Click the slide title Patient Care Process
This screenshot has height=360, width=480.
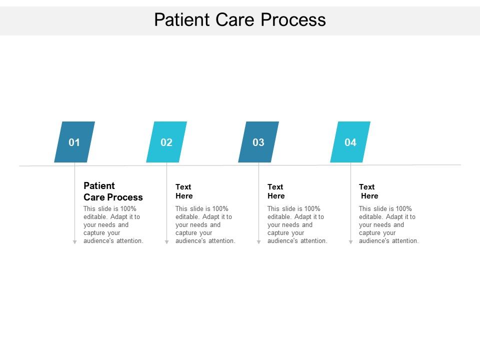240,19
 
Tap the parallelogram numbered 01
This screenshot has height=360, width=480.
74,142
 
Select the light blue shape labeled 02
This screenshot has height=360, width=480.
166,142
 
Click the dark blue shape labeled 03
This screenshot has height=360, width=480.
258,142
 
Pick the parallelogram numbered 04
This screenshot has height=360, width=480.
350,142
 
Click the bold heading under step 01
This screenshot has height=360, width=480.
113,191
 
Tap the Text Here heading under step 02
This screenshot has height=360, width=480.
184,191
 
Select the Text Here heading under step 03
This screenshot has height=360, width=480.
276,191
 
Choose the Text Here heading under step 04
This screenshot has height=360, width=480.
368,191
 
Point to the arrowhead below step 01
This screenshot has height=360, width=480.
74,242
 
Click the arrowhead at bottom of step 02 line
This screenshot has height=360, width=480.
166,242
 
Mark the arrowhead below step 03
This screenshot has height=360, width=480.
258,242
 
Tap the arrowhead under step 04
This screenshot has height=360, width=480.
350,242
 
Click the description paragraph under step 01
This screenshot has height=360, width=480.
113,225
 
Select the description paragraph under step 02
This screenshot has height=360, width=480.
205,225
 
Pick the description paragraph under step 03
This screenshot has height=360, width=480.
297,225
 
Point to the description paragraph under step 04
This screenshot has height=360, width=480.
388,225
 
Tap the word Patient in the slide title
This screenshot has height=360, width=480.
182,19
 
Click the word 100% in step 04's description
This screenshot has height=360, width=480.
403,209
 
